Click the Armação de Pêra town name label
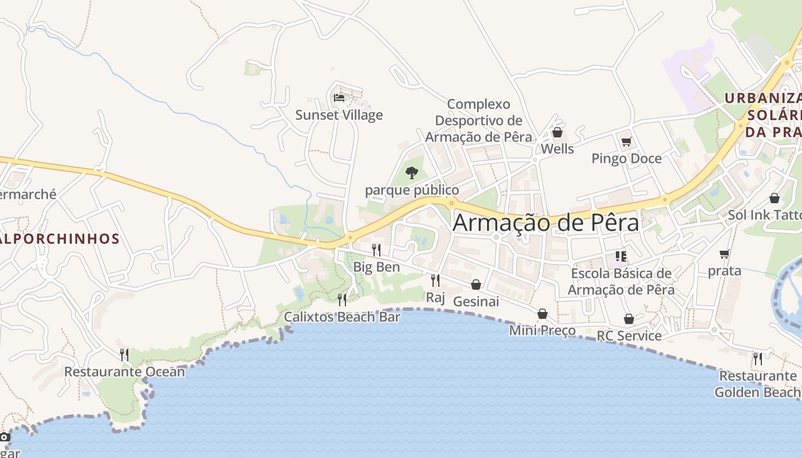(x=545, y=223)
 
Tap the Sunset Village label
(x=339, y=115)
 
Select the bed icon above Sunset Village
(x=339, y=98)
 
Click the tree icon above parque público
(x=412, y=172)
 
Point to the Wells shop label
(x=557, y=149)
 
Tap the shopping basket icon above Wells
(x=557, y=133)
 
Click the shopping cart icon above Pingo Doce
(x=626, y=141)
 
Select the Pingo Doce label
(x=626, y=159)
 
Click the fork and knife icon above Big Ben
(x=376, y=250)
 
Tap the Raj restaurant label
(x=435, y=297)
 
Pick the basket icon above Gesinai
(x=476, y=285)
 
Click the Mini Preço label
(x=542, y=330)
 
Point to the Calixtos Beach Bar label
(x=342, y=317)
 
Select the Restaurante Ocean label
(x=124, y=372)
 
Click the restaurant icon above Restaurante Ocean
(x=124, y=355)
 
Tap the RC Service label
(x=629, y=335)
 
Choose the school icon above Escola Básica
(x=620, y=256)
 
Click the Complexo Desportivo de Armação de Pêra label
(x=478, y=121)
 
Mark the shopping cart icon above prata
(x=725, y=254)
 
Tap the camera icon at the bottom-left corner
(x=5, y=437)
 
